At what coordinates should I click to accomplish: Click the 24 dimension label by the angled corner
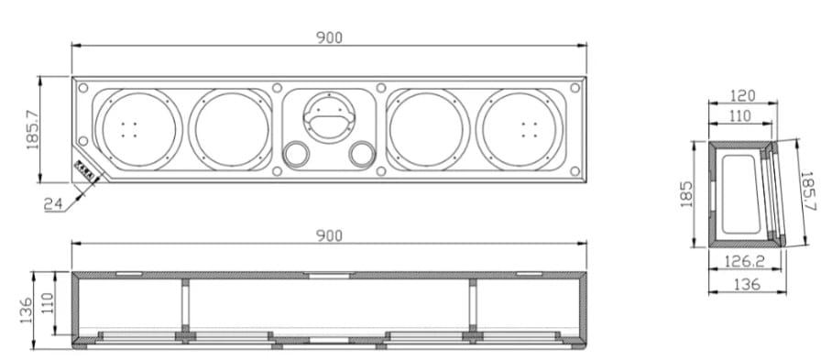(53, 204)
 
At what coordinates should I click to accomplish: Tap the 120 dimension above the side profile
(742, 96)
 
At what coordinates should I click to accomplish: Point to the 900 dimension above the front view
(329, 38)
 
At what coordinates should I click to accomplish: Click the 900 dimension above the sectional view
(329, 236)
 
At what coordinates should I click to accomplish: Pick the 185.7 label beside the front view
(34, 130)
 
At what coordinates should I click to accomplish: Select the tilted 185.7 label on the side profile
(808, 191)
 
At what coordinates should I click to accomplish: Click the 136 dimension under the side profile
(747, 284)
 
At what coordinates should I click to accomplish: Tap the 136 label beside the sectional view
(27, 311)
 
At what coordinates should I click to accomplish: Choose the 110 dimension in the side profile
(740, 115)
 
